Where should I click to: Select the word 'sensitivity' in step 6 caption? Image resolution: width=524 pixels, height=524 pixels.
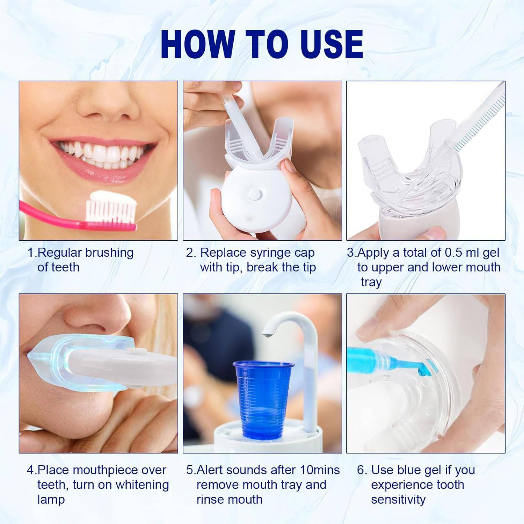398,500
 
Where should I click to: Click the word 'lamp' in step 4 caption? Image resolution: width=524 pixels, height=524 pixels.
51,500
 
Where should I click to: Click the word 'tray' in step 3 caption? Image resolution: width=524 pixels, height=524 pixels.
371,282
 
